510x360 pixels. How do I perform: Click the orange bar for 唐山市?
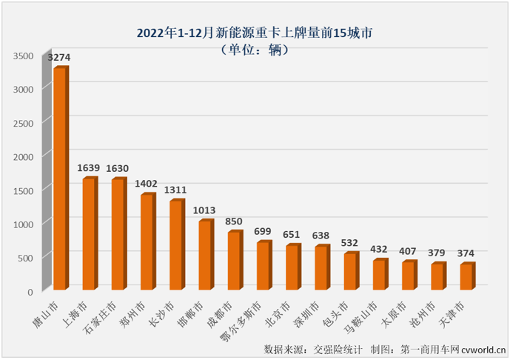[60, 178]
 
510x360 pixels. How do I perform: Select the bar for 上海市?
[89, 233]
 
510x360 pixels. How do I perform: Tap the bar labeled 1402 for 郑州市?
[147, 241]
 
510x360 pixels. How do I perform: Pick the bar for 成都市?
[234, 260]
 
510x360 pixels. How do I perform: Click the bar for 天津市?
[466, 276]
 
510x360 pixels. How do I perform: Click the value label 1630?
[118, 168]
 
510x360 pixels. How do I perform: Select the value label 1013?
[205, 210]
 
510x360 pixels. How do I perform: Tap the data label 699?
[263, 232]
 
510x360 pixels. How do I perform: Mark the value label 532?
[350, 242]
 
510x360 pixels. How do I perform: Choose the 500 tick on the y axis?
[26, 257]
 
